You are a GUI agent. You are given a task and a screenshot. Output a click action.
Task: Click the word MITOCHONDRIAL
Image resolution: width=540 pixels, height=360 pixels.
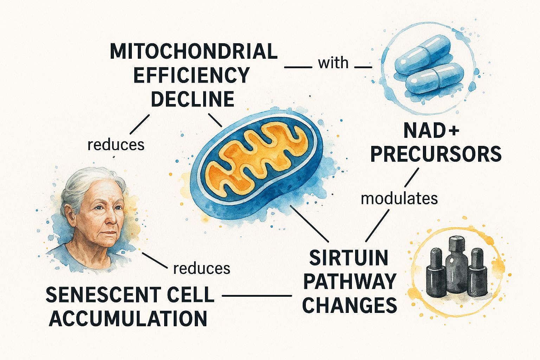point(194,52)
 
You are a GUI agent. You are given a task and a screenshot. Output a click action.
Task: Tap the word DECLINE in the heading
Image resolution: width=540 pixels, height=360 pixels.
point(193,99)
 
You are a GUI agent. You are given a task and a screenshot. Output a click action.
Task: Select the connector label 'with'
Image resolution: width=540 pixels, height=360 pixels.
point(333,63)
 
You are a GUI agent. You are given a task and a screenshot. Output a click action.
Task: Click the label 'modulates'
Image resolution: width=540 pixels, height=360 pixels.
point(399,199)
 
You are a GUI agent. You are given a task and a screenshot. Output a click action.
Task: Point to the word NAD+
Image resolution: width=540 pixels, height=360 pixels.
point(431,131)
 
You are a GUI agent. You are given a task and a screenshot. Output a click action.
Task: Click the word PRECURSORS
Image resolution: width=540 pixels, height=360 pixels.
point(436,154)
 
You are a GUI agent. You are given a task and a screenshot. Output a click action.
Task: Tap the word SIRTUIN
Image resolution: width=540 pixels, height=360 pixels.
point(348,258)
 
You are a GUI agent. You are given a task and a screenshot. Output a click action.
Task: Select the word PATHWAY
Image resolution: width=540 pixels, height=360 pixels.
point(350,282)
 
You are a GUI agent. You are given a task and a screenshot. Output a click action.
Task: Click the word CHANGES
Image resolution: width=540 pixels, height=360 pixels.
point(349,305)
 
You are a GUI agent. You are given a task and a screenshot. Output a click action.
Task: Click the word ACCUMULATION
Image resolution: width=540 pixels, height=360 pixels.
point(128,319)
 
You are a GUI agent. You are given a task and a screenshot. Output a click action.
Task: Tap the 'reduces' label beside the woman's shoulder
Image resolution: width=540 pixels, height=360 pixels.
point(202,269)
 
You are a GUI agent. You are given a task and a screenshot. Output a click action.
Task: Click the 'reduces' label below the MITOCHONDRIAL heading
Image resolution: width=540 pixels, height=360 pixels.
point(116,145)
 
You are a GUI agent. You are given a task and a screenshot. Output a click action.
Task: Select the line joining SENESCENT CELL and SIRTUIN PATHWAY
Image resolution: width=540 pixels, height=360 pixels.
point(257,296)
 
